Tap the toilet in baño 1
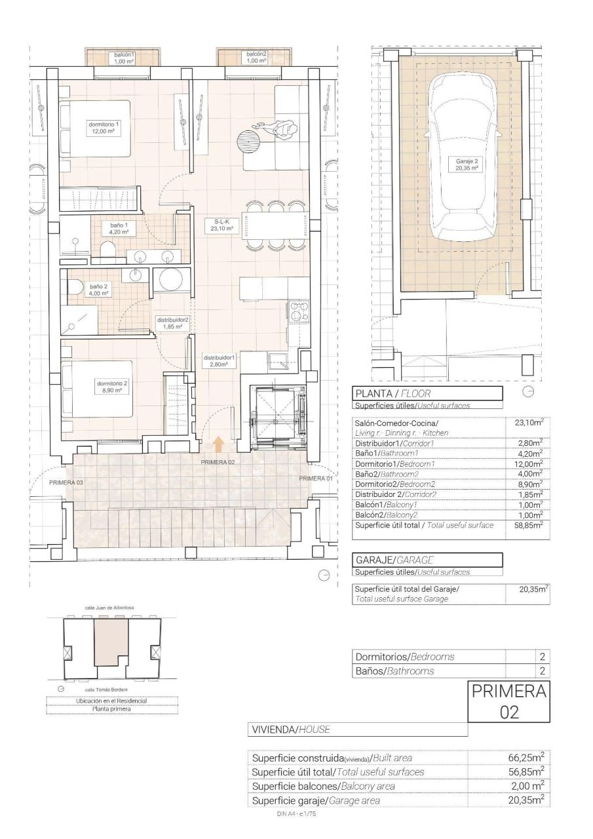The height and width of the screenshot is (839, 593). click(107, 250)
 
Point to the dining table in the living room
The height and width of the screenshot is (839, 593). click(275, 225)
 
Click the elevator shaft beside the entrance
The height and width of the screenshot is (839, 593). click(278, 418)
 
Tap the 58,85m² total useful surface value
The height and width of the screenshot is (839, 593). click(527, 526)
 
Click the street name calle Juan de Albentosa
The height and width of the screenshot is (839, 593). click(109, 608)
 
